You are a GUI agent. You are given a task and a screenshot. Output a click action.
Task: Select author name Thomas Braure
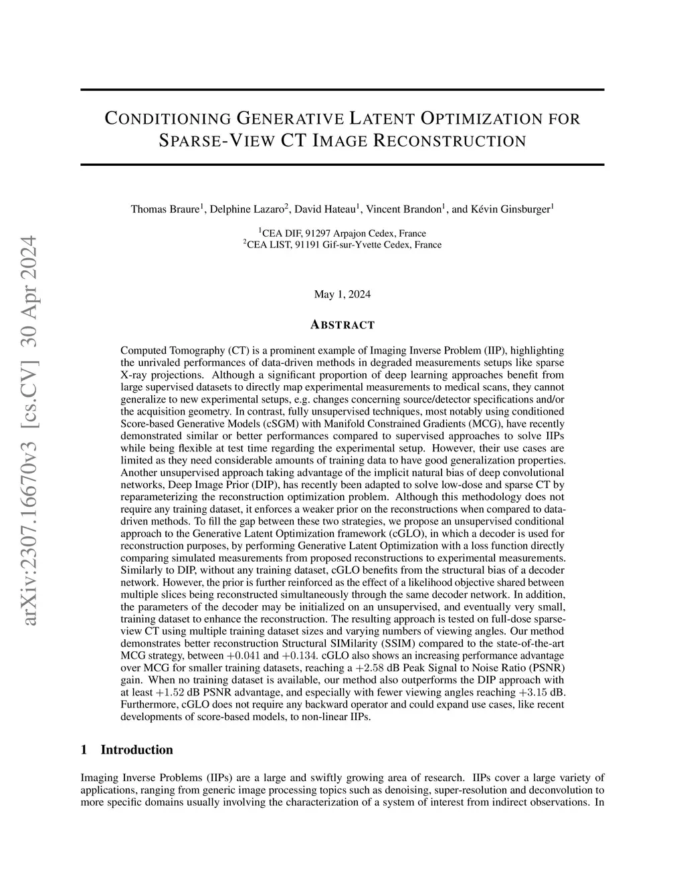(165, 209)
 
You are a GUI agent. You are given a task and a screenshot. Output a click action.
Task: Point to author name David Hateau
(325, 209)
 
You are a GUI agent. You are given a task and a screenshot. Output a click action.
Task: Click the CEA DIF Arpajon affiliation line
(342, 233)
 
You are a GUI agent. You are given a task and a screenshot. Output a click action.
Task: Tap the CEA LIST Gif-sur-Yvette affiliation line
(342, 245)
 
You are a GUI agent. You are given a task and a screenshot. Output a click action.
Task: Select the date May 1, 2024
(342, 294)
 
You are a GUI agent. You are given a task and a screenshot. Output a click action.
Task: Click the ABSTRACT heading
(342, 325)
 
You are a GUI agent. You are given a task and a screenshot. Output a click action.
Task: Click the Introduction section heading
(136, 750)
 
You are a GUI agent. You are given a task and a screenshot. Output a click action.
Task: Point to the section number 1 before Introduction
(84, 750)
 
